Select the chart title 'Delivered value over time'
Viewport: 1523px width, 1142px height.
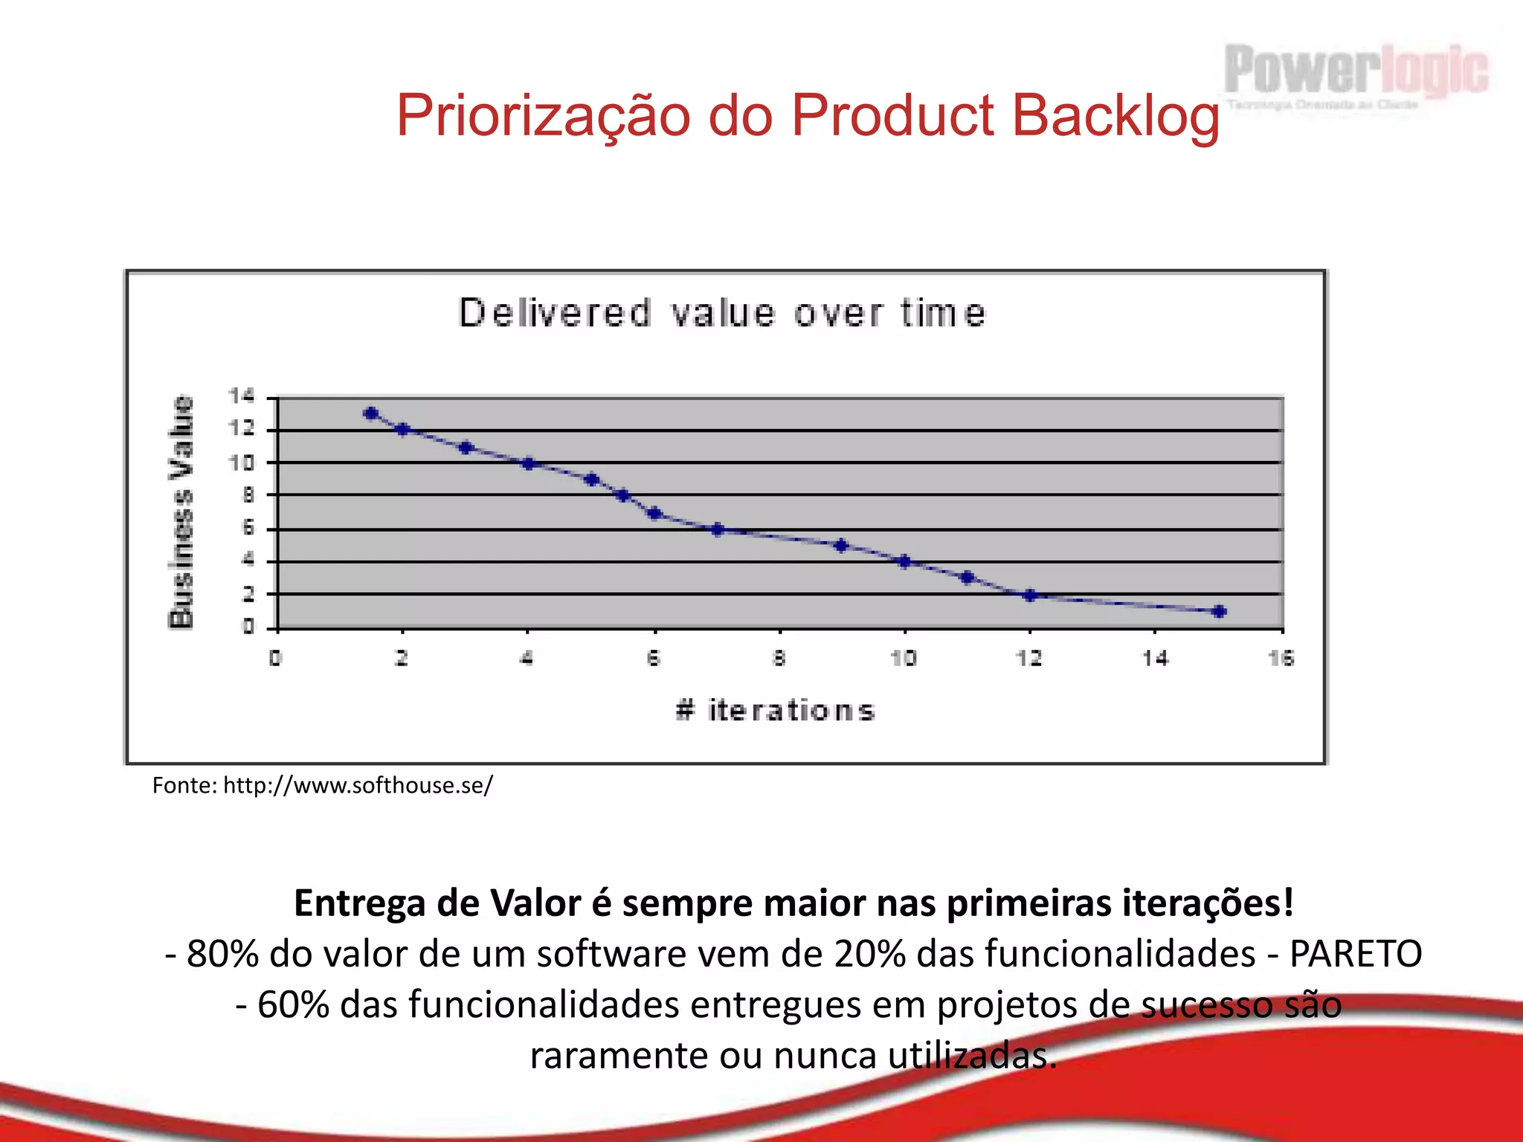722,313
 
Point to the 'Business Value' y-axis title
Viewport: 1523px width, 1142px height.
181,512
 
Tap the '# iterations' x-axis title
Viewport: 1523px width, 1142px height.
775,710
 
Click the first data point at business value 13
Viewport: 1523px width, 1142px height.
371,413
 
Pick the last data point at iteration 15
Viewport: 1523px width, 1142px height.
1219,611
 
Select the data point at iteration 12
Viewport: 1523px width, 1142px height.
1030,595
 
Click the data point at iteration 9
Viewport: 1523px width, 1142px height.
841,545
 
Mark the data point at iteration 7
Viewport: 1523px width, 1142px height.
718,529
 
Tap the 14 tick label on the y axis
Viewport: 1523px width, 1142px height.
240,396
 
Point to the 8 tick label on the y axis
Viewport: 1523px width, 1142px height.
248,495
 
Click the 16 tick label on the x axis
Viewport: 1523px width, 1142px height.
1281,658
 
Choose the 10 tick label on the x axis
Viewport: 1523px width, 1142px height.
904,658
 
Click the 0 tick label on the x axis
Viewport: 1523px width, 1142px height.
275,658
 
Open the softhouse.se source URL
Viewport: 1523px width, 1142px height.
358,785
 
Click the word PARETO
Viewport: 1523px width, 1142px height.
1355,954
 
